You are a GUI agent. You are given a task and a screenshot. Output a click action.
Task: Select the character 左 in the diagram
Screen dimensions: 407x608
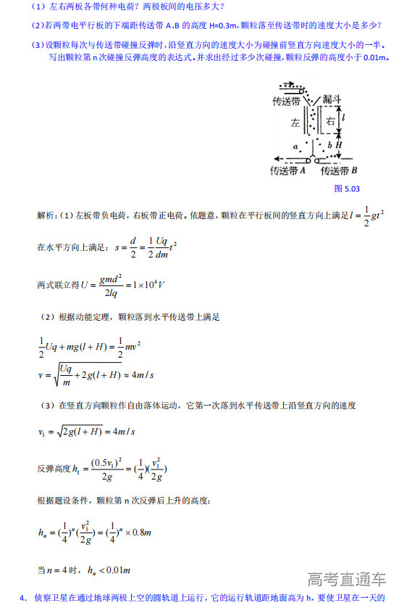click(295, 123)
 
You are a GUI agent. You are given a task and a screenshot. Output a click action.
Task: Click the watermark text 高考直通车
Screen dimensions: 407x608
click(347, 580)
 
